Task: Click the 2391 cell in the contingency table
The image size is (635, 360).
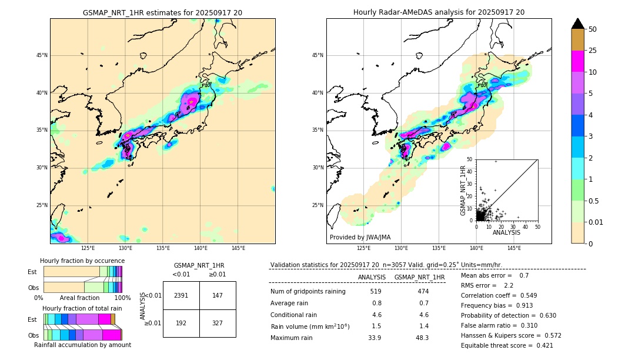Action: pyautogui.click(x=181, y=295)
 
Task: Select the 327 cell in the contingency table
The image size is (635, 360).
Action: pyautogui.click(x=218, y=323)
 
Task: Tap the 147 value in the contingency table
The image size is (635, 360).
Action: pyautogui.click(x=218, y=295)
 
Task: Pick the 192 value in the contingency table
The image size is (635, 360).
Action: pyautogui.click(x=181, y=323)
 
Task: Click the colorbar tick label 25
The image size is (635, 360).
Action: pyautogui.click(x=593, y=51)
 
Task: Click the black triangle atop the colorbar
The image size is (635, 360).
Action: pyautogui.click(x=578, y=24)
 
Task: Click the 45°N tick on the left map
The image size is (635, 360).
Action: pyautogui.click(x=42, y=55)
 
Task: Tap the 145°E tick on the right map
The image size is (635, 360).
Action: pyautogui.click(x=514, y=248)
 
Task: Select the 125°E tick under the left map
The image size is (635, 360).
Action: pyautogui.click(x=88, y=248)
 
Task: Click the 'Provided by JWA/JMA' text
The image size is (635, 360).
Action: pyautogui.click(x=360, y=238)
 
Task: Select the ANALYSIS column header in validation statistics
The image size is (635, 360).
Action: pyautogui.click(x=372, y=277)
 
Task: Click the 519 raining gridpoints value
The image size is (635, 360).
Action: pyautogui.click(x=376, y=292)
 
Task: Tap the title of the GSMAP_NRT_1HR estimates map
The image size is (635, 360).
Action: pyautogui.click(x=162, y=12)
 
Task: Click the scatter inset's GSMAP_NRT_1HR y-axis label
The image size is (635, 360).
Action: pyautogui.click(x=463, y=190)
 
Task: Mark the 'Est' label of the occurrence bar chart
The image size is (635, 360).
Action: pyautogui.click(x=32, y=272)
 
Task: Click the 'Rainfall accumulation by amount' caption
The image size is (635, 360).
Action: pyautogui.click(x=82, y=345)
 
